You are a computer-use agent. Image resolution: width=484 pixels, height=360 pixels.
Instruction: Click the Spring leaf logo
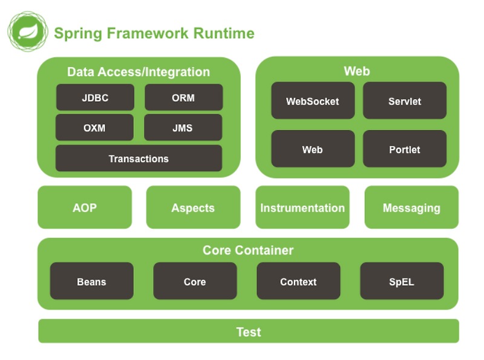click(27, 31)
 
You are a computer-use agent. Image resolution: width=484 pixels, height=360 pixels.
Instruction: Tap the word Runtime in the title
click(224, 33)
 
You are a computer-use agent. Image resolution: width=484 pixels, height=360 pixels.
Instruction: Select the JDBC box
click(95, 97)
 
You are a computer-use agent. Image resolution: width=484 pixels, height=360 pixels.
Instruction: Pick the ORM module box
click(183, 97)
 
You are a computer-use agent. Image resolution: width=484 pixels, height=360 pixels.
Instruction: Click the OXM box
click(94, 128)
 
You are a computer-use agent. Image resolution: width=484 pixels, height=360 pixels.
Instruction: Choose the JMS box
click(183, 128)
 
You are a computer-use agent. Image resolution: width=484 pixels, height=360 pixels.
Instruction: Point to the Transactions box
click(139, 159)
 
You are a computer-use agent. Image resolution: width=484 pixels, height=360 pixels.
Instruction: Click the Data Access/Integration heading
click(139, 72)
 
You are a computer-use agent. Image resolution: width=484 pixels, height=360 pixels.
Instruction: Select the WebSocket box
click(312, 101)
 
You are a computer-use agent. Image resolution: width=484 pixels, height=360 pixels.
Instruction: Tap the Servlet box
click(404, 101)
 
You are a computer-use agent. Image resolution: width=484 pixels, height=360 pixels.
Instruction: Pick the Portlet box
click(404, 149)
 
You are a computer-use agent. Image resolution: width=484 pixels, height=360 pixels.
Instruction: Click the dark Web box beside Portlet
click(312, 149)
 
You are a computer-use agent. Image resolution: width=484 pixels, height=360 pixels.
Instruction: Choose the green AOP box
click(85, 208)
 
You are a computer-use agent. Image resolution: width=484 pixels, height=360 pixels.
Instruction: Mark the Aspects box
click(193, 208)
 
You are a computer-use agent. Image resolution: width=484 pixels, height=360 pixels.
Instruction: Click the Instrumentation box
click(302, 208)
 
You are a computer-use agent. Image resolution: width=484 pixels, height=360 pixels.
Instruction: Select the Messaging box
click(411, 208)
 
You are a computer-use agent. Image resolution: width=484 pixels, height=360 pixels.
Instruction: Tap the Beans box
click(91, 281)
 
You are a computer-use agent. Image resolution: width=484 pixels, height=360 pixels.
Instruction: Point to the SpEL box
click(402, 281)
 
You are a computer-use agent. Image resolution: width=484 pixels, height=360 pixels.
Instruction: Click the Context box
click(298, 281)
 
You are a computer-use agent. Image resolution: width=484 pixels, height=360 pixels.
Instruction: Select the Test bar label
click(249, 332)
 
